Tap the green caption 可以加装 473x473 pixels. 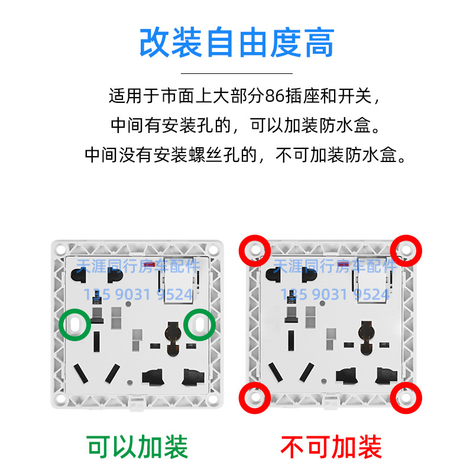[138, 447]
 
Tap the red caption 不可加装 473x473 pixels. [331, 447]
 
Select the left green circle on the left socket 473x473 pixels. [60, 325]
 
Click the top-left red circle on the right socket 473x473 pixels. [241, 251]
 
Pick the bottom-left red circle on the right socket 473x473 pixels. [241, 398]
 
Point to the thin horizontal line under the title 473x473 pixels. [237, 73]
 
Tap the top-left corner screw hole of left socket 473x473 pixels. [61, 250]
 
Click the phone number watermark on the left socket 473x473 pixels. [138, 294]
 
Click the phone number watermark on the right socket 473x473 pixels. [335, 294]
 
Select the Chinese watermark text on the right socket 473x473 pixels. [335, 266]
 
